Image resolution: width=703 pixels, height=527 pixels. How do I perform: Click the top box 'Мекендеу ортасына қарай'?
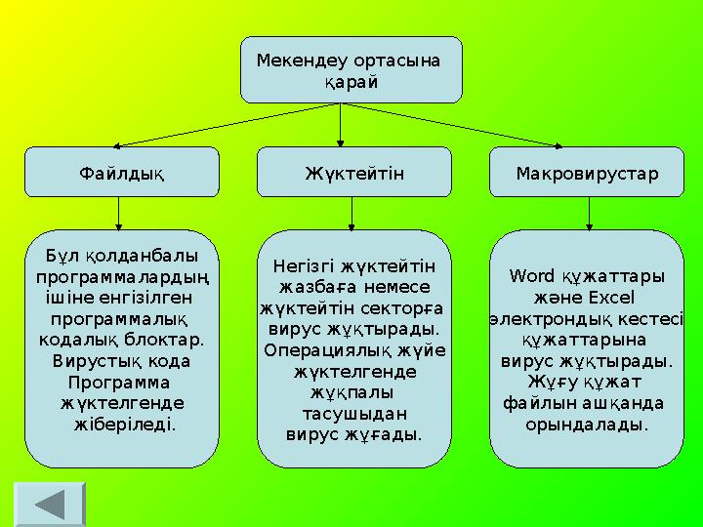pyautogui.click(x=351, y=70)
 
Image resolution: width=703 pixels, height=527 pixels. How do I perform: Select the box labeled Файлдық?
pyautogui.click(x=121, y=173)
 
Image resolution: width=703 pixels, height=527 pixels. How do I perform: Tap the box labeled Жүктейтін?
pyautogui.click(x=353, y=173)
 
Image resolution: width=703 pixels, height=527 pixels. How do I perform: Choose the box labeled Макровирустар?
pyautogui.click(x=586, y=173)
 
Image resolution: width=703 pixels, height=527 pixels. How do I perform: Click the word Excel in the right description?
pyautogui.click(x=611, y=297)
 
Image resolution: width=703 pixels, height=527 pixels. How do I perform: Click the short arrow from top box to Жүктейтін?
pyautogui.click(x=340, y=125)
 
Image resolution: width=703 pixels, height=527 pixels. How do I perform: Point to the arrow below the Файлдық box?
pyautogui.click(x=119, y=213)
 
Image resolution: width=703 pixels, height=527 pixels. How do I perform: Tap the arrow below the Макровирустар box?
pyautogui.click(x=589, y=213)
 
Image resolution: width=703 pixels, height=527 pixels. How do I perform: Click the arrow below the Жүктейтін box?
pyautogui.click(x=353, y=213)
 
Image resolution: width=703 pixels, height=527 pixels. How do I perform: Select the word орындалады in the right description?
pyautogui.click(x=586, y=425)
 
